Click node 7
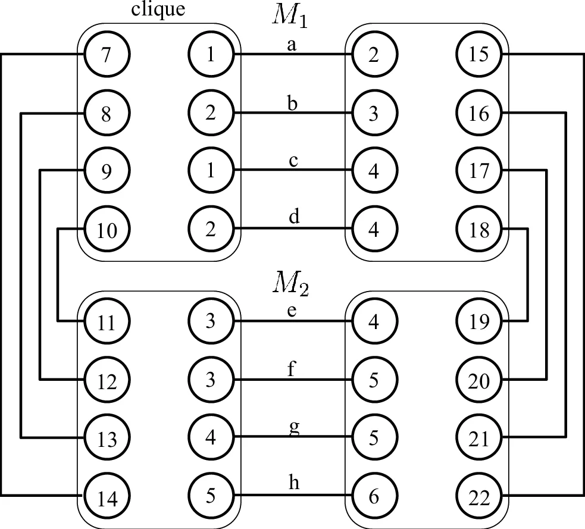coord(107,55)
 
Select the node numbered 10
coord(107,230)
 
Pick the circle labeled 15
coord(479,55)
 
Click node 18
coord(479,230)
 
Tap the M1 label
coord(292,15)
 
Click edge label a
coord(292,45)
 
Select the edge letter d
coord(293,218)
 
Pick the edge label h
coord(293,484)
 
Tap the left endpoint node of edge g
coord(211,438)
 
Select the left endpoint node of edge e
coord(211,321)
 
